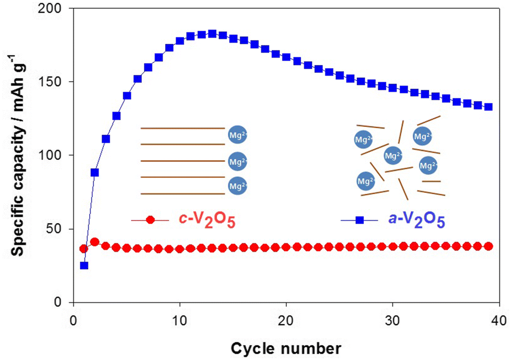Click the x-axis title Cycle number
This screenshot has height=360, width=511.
[285, 347]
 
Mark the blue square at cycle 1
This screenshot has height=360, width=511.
[84, 266]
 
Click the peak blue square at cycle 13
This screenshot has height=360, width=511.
[212, 34]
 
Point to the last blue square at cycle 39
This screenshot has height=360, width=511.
[488, 107]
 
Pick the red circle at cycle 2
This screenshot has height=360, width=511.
[94, 242]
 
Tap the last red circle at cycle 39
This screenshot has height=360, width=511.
[488, 246]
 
